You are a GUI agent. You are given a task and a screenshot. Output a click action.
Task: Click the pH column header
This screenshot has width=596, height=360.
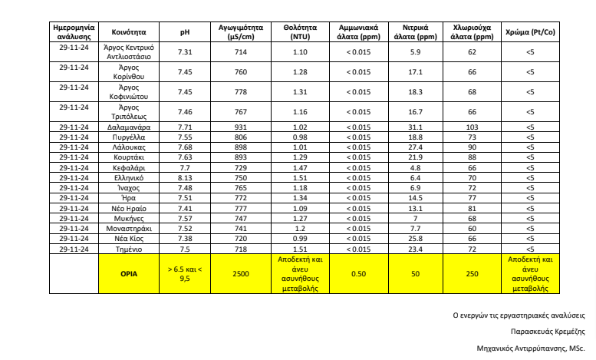(184, 33)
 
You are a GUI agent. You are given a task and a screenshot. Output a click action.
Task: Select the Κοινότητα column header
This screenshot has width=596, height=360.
(128, 33)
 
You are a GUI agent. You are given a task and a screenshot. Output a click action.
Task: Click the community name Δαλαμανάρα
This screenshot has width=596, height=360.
(128, 127)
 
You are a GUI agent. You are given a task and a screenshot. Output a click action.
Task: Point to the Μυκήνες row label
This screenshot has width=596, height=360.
(128, 218)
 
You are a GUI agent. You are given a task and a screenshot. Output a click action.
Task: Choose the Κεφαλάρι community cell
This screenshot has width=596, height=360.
(128, 167)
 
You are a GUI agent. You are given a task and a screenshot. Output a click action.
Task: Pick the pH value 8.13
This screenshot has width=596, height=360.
(184, 177)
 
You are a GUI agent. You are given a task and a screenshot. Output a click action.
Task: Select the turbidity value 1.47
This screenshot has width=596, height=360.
(300, 167)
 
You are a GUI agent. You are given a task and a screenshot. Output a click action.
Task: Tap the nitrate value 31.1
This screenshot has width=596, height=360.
(415, 127)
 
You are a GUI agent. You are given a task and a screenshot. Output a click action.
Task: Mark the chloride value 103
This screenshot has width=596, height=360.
(472, 127)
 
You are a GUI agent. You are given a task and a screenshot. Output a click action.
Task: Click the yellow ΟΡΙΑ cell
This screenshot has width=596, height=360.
(128, 273)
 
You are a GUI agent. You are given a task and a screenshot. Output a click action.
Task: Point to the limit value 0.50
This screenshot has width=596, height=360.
(358, 273)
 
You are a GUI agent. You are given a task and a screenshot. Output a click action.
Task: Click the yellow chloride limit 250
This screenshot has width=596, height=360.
(472, 273)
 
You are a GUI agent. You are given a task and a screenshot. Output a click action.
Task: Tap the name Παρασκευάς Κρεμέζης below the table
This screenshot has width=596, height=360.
(548, 332)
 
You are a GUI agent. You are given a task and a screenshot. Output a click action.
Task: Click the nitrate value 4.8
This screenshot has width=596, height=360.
(415, 167)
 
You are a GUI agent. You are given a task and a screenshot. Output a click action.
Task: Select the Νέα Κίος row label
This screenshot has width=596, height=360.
(128, 239)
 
